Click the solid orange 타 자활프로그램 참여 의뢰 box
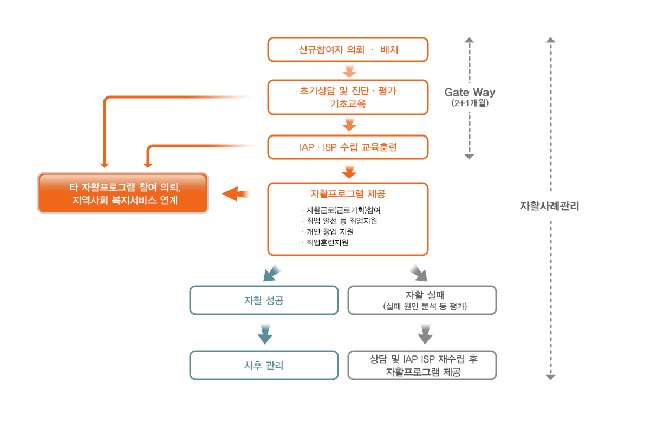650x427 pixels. (x=123, y=193)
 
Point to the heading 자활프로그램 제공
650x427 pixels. (x=348, y=193)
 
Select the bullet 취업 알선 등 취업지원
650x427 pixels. (x=340, y=221)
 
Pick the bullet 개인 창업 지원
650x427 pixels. (x=328, y=231)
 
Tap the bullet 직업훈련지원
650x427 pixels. (x=325, y=242)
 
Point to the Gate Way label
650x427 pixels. (x=470, y=92)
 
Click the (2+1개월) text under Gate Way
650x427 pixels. (x=470, y=103)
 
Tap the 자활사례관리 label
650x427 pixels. (x=549, y=206)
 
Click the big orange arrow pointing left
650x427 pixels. (x=235, y=193)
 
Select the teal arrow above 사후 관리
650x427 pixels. (x=265, y=334)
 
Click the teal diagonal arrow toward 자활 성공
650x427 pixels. (x=271, y=273)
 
